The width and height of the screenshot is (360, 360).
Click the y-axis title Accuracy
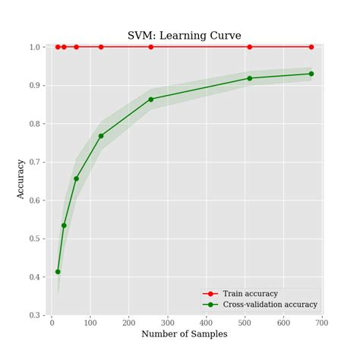coord(21,179)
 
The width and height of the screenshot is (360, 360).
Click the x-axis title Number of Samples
coord(184,334)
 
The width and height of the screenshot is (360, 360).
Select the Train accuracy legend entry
coord(250,293)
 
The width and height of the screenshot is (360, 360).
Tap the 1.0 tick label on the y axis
coord(33,47)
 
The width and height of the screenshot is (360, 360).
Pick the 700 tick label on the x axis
coord(322,323)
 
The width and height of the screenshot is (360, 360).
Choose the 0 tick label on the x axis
coord(52,323)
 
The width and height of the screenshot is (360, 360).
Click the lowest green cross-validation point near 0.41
coord(58,271)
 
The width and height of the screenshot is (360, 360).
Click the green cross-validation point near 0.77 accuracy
coord(101,136)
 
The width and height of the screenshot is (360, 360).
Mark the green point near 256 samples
coord(150,99)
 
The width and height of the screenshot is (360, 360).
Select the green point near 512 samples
coord(250,78)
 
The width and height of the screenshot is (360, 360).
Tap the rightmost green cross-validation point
coord(311,74)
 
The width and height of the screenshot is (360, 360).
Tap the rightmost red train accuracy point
coord(311,47)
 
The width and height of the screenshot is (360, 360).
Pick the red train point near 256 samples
coord(150,47)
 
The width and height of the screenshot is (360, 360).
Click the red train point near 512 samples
coord(250,47)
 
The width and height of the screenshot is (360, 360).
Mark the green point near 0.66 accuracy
coord(76,178)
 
